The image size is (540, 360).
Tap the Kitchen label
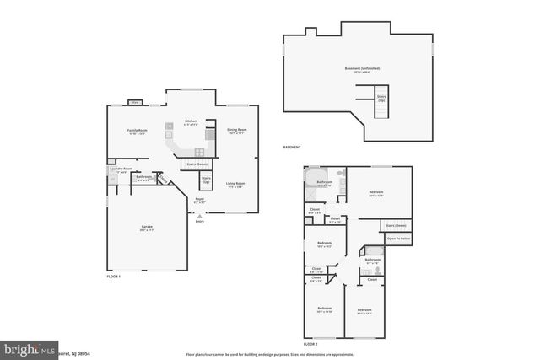click(x=191, y=122)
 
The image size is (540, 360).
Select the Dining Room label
click(x=235, y=130)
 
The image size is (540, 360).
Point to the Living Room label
click(x=235, y=184)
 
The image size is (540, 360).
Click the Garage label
click(x=146, y=228)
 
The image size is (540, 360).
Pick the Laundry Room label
click(x=121, y=169)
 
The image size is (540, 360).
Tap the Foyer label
click(x=199, y=201)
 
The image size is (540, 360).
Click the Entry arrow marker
click(x=199, y=215)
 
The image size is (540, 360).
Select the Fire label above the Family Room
click(x=134, y=103)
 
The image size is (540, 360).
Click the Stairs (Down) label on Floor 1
click(x=197, y=164)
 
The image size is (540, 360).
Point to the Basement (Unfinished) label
click(x=363, y=68)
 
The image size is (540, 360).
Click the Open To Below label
click(x=398, y=239)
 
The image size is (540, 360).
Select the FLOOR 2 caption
click(x=310, y=344)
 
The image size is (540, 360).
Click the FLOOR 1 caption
click(x=114, y=277)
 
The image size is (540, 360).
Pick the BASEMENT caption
click(x=292, y=148)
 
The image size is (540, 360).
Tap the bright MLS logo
click(x=30, y=348)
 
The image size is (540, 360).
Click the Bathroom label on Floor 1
click(x=143, y=177)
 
